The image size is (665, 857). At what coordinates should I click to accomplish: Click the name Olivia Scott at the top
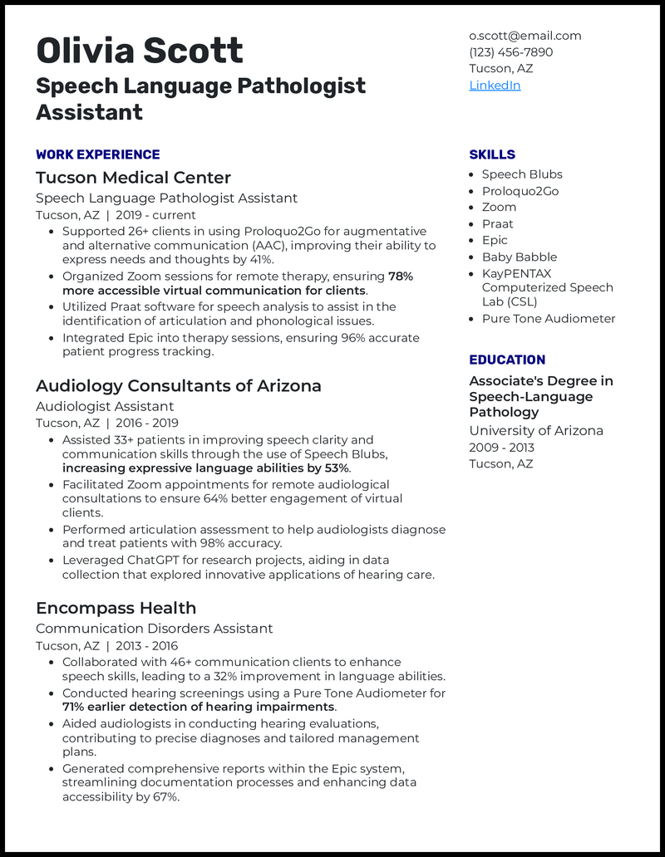[x=140, y=51]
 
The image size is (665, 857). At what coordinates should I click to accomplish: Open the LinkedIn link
[x=495, y=86]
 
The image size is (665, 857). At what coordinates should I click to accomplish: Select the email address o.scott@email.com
[x=525, y=36]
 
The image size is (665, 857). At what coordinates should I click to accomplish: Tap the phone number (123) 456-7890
[x=510, y=52]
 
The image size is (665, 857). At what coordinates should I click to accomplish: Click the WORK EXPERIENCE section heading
[x=98, y=154]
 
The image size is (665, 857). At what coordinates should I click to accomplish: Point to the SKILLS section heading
[x=492, y=154]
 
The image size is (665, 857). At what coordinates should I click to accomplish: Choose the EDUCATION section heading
[x=507, y=360]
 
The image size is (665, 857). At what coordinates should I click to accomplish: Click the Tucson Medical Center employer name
[x=133, y=178]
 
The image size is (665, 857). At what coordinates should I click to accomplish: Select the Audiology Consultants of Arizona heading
[x=178, y=386]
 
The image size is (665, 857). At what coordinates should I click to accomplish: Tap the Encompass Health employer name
[x=116, y=608]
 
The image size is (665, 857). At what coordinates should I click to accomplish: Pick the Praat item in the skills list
[x=497, y=224]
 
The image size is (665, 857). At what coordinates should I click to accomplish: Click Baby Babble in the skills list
[x=520, y=257]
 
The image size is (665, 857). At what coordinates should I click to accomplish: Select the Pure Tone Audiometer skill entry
[x=549, y=319]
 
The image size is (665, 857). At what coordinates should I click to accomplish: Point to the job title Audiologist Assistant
[x=105, y=406]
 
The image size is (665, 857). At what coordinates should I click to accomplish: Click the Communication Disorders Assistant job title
[x=154, y=629]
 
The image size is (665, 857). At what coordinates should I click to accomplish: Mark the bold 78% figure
[x=401, y=276]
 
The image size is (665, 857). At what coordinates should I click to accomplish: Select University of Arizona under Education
[x=536, y=430]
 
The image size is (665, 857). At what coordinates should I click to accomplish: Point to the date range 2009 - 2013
[x=501, y=447]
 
